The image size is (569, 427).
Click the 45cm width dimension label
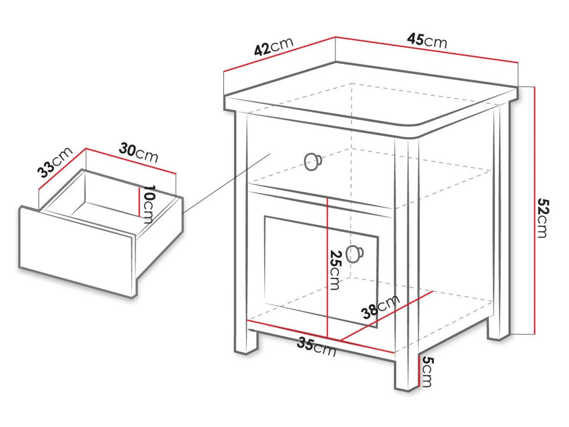pos(427,41)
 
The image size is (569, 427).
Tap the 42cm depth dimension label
pos(274,47)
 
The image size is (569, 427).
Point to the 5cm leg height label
pos(427,372)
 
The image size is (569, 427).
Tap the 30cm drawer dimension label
pos(138,153)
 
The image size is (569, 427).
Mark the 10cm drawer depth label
pos(149,204)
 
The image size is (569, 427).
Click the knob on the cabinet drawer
pos(313,162)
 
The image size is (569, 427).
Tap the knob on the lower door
pos(355,254)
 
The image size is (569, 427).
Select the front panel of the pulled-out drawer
pos(77,252)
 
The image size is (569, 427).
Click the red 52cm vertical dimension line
pos(535,210)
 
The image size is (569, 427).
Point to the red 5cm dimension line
pos(419,371)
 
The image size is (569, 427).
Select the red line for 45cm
pos(427,50)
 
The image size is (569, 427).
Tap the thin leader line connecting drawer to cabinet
pos(226,183)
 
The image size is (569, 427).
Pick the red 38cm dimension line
pos(387,316)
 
